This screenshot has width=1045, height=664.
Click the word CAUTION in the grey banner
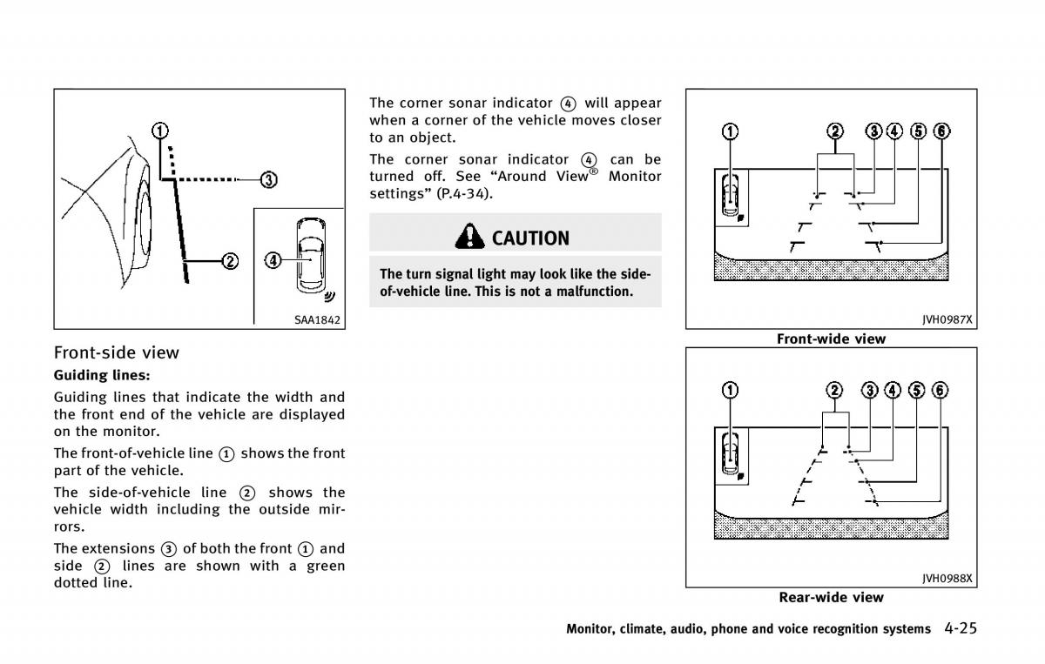pos(530,238)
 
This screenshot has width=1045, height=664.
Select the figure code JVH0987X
pos(947,320)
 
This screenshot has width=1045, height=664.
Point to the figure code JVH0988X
pos(947,579)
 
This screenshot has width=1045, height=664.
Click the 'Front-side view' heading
pos(117,352)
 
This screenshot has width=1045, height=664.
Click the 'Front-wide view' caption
pos(831,339)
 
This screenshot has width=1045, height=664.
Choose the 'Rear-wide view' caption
pos(831,597)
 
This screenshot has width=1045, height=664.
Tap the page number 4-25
pos(960,628)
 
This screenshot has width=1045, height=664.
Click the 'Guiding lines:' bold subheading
pos(102,375)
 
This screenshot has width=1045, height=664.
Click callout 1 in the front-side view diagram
pos(160,131)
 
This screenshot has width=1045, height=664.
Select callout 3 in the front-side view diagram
pos(268,180)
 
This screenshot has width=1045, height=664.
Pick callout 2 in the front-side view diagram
pos(230,260)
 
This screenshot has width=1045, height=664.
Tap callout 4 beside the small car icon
pos(273,259)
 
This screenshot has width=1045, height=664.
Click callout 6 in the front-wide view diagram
pos(941,131)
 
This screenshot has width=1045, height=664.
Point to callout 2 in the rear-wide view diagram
pos(834,390)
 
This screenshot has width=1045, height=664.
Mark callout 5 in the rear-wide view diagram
pos(916,390)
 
